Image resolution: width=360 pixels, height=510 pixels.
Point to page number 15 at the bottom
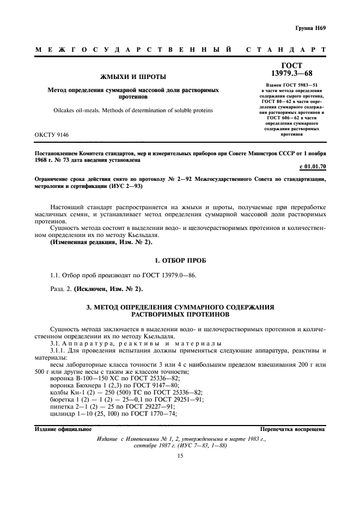point(180,457)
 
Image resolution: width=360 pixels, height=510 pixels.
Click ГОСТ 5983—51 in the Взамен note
point(295,85)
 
